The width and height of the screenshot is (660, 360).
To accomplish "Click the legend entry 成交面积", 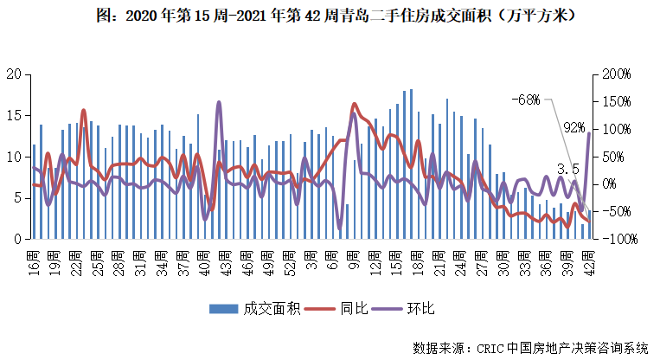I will coord(256,309).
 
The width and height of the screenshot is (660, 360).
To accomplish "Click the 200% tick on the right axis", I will coord(617,74).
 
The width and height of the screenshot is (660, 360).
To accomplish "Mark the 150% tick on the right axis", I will coord(617,102).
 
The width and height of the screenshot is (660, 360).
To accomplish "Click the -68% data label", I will coord(526,100).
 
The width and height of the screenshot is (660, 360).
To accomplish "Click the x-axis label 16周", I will coord(34,260).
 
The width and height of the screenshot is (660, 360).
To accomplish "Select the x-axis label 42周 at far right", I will coord(589,260).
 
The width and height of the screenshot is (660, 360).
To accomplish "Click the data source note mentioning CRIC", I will coord(529,348).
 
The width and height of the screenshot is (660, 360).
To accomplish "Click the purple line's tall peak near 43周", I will coord(218,103).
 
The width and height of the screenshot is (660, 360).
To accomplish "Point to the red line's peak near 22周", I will coord(84,111).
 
